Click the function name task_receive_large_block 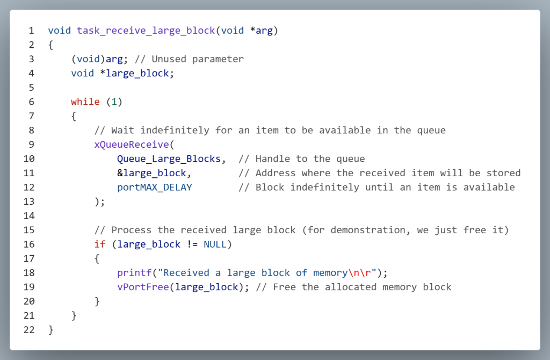[146, 30]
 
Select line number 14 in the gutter [29, 215]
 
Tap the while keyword [85, 102]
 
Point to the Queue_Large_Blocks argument [169, 159]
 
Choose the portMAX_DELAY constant [155, 187]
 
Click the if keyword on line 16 [100, 244]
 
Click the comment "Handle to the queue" [302, 159]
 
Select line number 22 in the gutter [29, 329]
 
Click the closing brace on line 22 [51, 329]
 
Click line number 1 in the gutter [31, 30]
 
